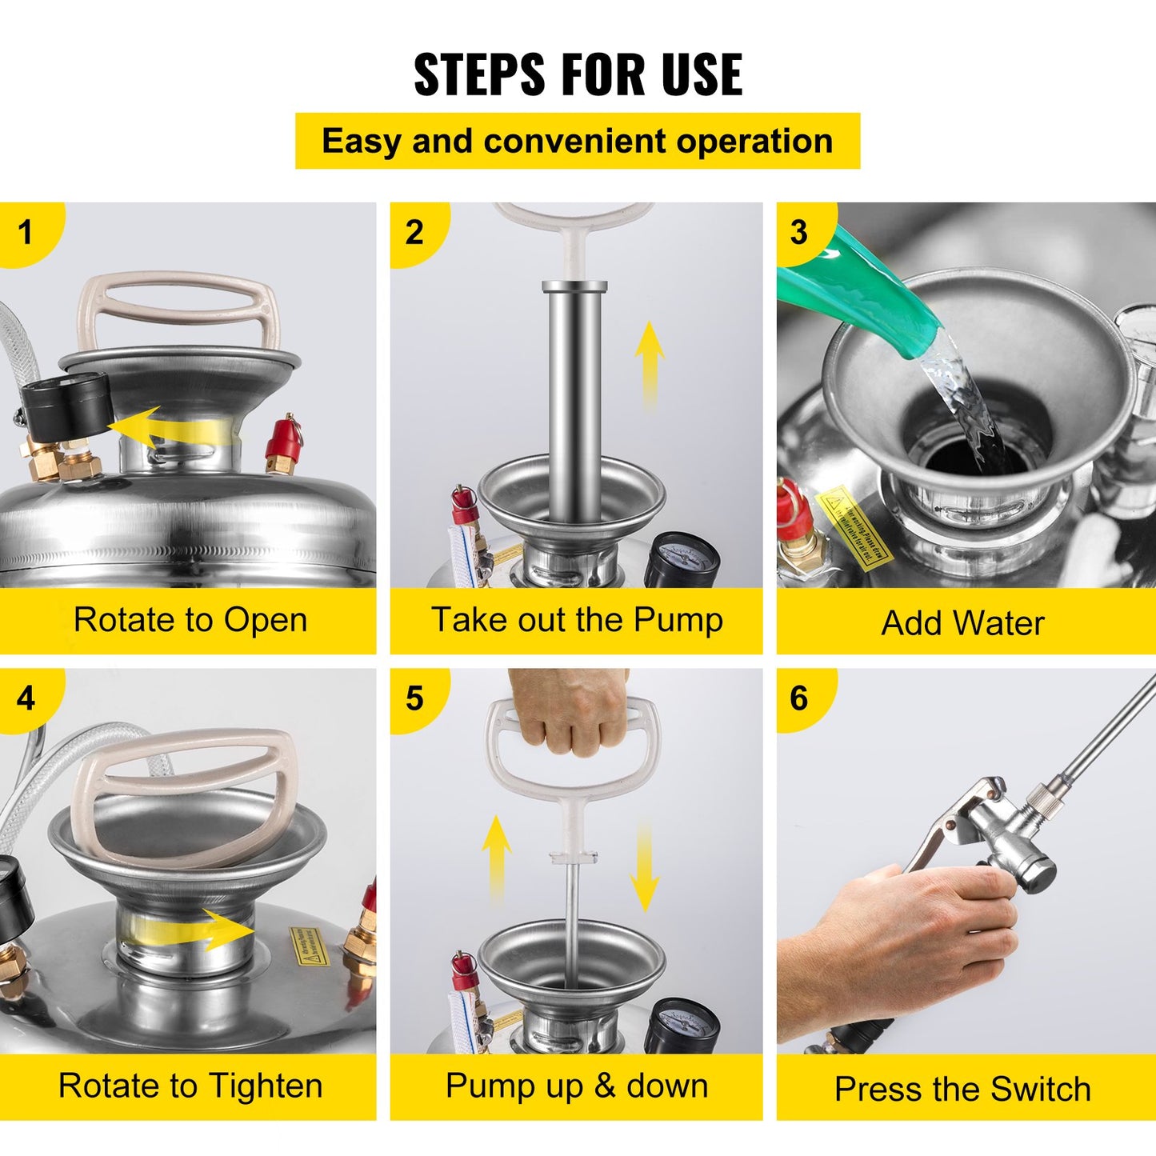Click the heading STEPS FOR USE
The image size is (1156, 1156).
pyautogui.click(x=578, y=74)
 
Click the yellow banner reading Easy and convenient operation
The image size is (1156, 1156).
pyautogui.click(x=578, y=141)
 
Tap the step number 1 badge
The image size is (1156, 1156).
pyautogui.click(x=26, y=232)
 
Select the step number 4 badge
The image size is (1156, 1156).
pyautogui.click(x=26, y=698)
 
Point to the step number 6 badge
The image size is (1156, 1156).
pyautogui.click(x=799, y=698)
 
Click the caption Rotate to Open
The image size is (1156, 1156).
pyautogui.click(x=190, y=620)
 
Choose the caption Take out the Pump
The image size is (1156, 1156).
pyautogui.click(x=577, y=620)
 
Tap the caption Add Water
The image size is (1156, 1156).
pyautogui.click(x=963, y=623)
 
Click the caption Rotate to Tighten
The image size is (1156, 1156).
pyautogui.click(x=190, y=1086)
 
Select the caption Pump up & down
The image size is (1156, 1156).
pyautogui.click(x=577, y=1086)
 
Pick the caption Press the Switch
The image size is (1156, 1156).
pyautogui.click(x=963, y=1089)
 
